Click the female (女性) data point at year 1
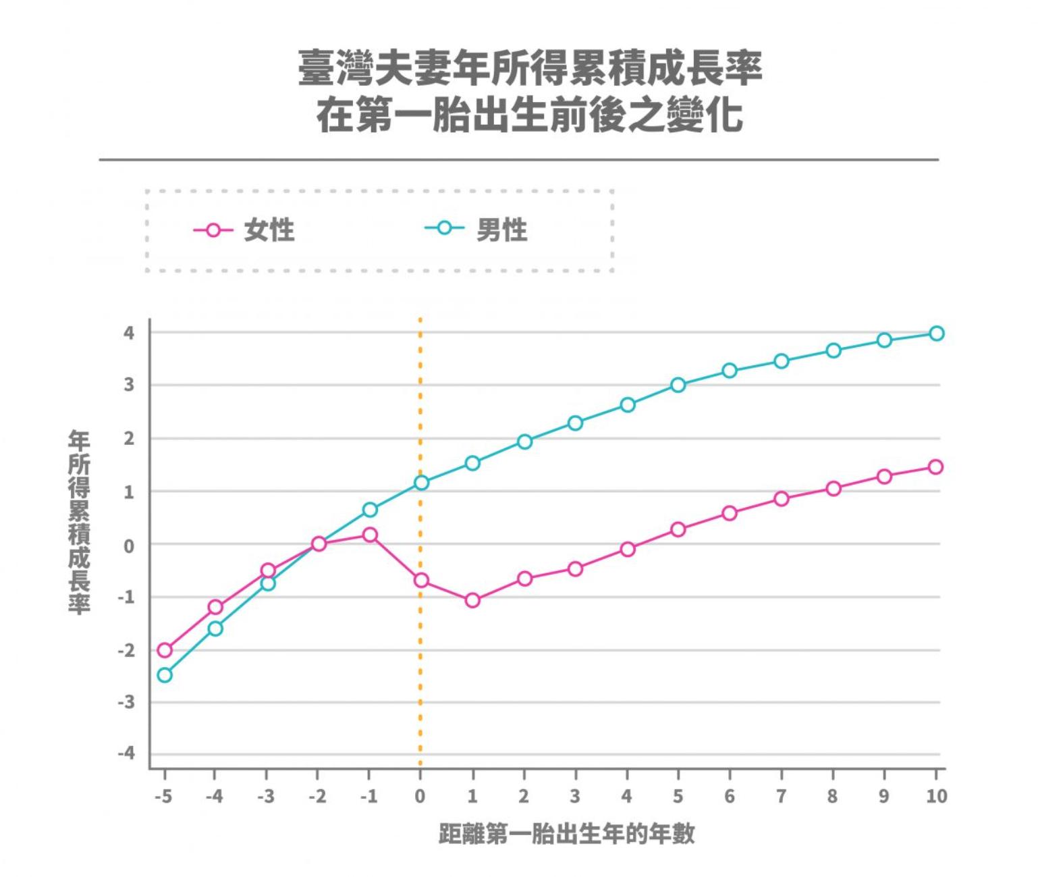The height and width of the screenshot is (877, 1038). coord(472,600)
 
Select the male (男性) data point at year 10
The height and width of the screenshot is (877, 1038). coord(936,334)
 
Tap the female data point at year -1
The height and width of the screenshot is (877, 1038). coord(370,535)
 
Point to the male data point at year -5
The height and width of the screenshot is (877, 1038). coord(165,675)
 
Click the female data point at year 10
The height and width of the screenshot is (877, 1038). coord(935,467)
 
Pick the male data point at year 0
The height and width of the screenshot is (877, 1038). coord(421,483)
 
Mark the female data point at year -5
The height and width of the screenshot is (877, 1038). coord(165,650)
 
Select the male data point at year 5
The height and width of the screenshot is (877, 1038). coord(678,385)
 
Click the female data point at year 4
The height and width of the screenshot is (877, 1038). coord(628,550)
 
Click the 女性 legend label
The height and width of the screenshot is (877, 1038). coord(269,231)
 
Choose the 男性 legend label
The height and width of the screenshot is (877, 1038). coord(501,231)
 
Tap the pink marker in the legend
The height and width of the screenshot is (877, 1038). coord(213,230)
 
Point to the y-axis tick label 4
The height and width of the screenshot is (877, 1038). coord(129,333)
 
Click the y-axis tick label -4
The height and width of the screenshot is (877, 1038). coord(126,753)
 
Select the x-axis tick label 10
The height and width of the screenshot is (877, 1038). coord(936,797)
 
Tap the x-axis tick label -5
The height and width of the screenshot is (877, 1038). coord(163,797)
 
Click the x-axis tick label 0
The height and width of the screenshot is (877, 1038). coord(420,797)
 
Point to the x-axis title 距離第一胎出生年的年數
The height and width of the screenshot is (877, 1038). coord(566,834)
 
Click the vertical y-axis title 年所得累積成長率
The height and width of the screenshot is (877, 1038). coord(79,523)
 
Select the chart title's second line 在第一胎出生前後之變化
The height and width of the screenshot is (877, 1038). coord(530,115)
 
